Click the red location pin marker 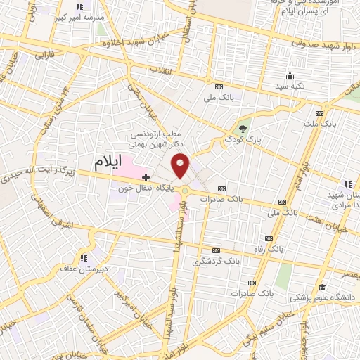tap(181, 166)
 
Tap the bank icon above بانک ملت tap(321, 112)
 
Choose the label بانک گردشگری tap(216, 261)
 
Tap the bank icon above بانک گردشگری tap(217, 250)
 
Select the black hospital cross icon tap(146, 176)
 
